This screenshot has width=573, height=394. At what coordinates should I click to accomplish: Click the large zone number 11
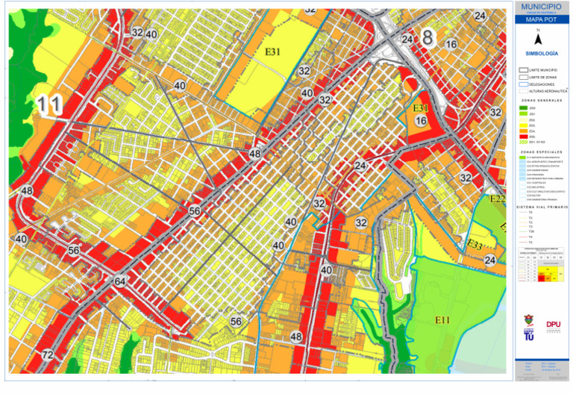click(x=49, y=106)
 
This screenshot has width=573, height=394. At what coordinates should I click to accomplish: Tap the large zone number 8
click(x=428, y=37)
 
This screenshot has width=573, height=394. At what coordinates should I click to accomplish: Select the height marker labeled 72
click(x=48, y=354)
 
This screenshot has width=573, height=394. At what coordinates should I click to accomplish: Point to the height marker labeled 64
click(x=120, y=282)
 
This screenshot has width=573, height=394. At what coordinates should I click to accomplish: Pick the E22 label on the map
click(x=498, y=198)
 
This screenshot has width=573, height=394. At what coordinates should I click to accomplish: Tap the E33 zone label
click(x=475, y=244)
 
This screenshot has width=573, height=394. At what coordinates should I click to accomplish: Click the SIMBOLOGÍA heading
click(x=542, y=54)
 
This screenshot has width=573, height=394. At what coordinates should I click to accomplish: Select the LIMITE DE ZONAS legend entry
click(x=541, y=77)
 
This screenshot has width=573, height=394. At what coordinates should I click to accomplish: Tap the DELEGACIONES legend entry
click(x=540, y=84)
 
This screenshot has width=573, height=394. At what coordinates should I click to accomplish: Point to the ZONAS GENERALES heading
click(x=542, y=99)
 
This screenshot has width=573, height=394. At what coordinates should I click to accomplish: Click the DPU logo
click(x=553, y=325)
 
